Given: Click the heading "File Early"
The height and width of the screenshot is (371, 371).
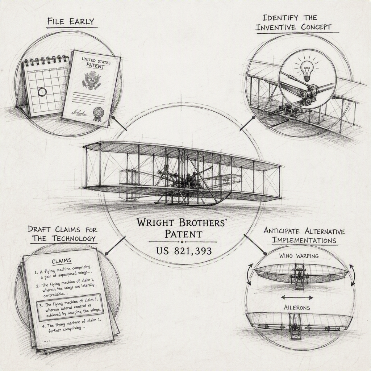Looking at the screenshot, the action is (x=71, y=21).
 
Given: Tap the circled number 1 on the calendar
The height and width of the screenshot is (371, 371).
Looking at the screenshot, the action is (x=42, y=92).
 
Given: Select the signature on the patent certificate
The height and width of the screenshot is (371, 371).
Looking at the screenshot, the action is (x=80, y=112).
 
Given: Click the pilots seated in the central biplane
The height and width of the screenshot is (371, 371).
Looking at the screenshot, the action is (x=191, y=180).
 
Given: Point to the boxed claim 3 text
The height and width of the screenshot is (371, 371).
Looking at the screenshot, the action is (x=70, y=307).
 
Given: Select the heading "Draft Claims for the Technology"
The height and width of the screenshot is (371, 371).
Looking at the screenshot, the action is (x=62, y=234).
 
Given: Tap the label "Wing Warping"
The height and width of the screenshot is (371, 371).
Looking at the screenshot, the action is (x=299, y=256).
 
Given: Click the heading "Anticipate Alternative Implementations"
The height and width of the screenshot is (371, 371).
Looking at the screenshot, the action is (x=304, y=235).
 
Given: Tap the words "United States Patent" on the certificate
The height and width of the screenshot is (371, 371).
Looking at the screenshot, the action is (x=96, y=63).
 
